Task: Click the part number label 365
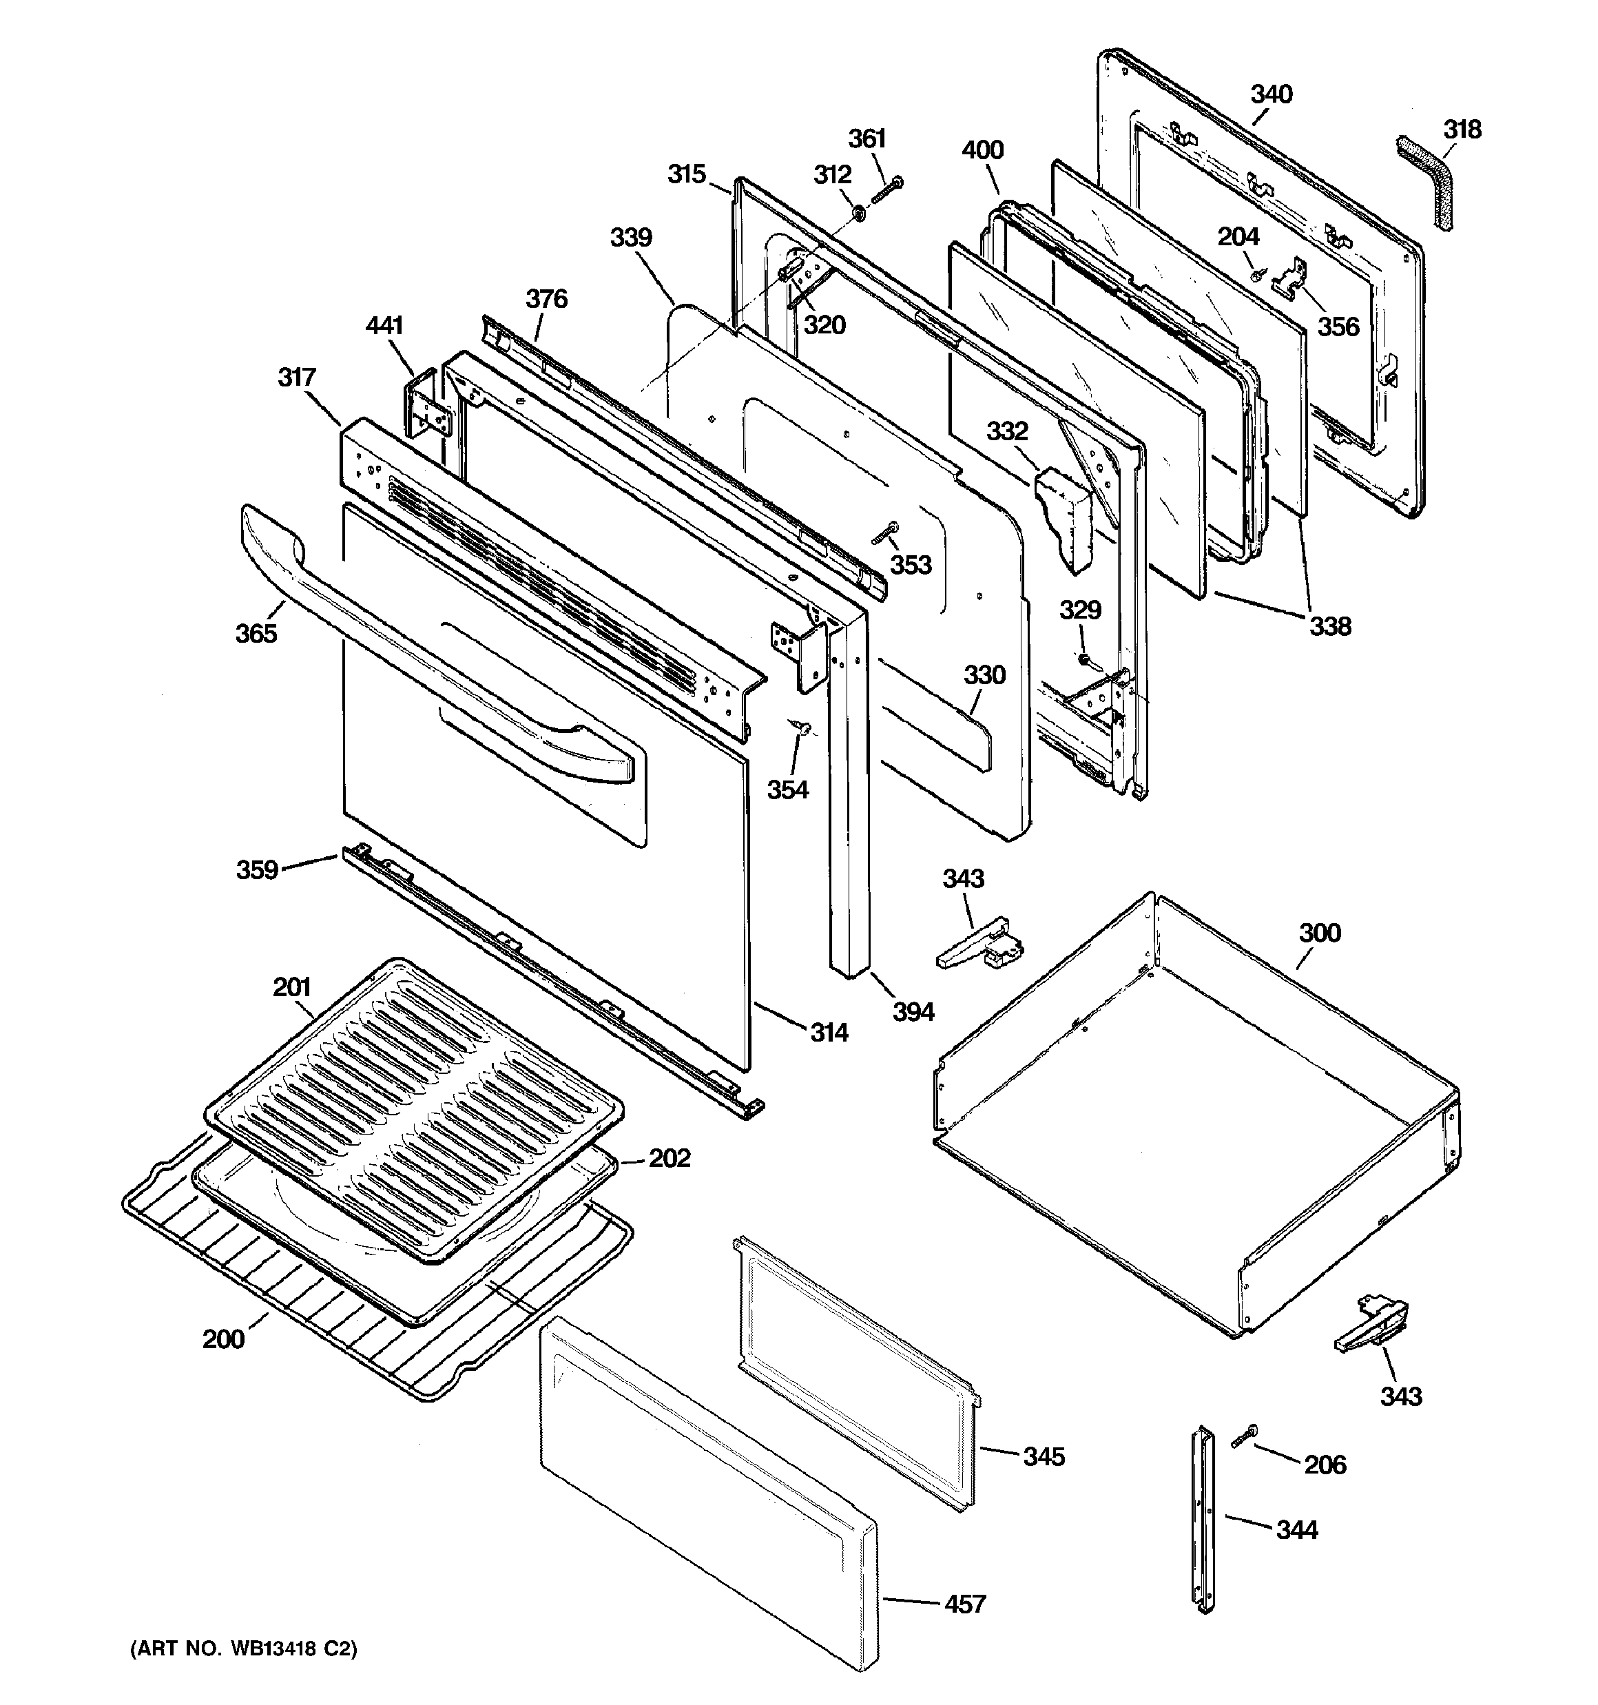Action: [256, 633]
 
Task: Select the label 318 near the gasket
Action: [1462, 130]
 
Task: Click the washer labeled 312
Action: [857, 211]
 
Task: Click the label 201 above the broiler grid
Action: [291, 987]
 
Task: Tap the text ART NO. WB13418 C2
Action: [242, 1649]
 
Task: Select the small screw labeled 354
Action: [803, 727]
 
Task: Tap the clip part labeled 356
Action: [1290, 283]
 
